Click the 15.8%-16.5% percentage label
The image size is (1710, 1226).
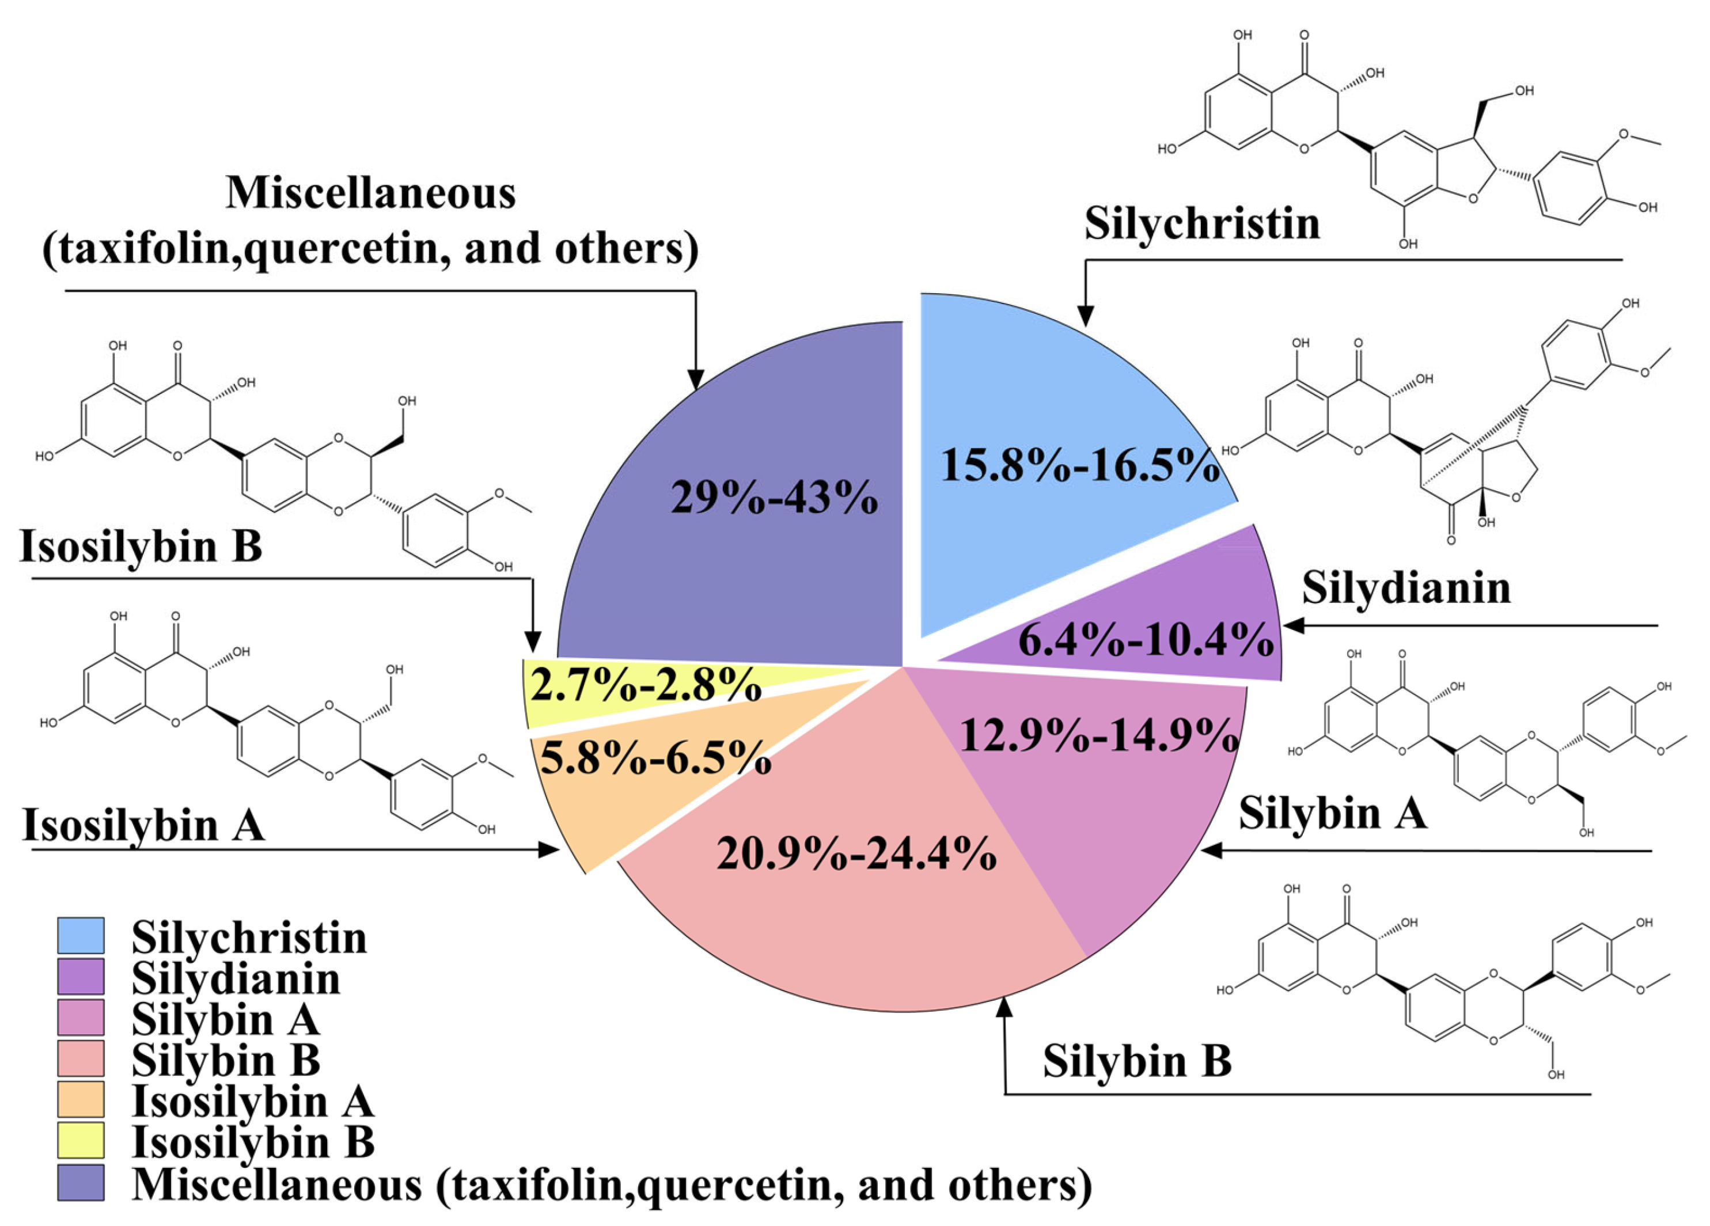[1080, 465]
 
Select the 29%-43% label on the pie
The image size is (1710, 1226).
[774, 498]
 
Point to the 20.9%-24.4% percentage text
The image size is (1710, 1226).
[856, 854]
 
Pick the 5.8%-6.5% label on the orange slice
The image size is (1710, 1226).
[656, 758]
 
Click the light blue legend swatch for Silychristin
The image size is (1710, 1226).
[81, 936]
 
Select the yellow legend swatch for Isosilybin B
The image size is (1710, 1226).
[81, 1141]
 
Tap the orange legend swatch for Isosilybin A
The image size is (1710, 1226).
[81, 1100]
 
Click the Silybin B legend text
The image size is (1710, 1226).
[226, 1060]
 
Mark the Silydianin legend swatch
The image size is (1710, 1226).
[81, 977]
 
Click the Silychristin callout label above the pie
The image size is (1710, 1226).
[1202, 224]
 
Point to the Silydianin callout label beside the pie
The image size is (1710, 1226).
[1406, 587]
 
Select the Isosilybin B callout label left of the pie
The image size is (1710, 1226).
[141, 546]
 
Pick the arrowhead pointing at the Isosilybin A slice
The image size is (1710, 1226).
[549, 850]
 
